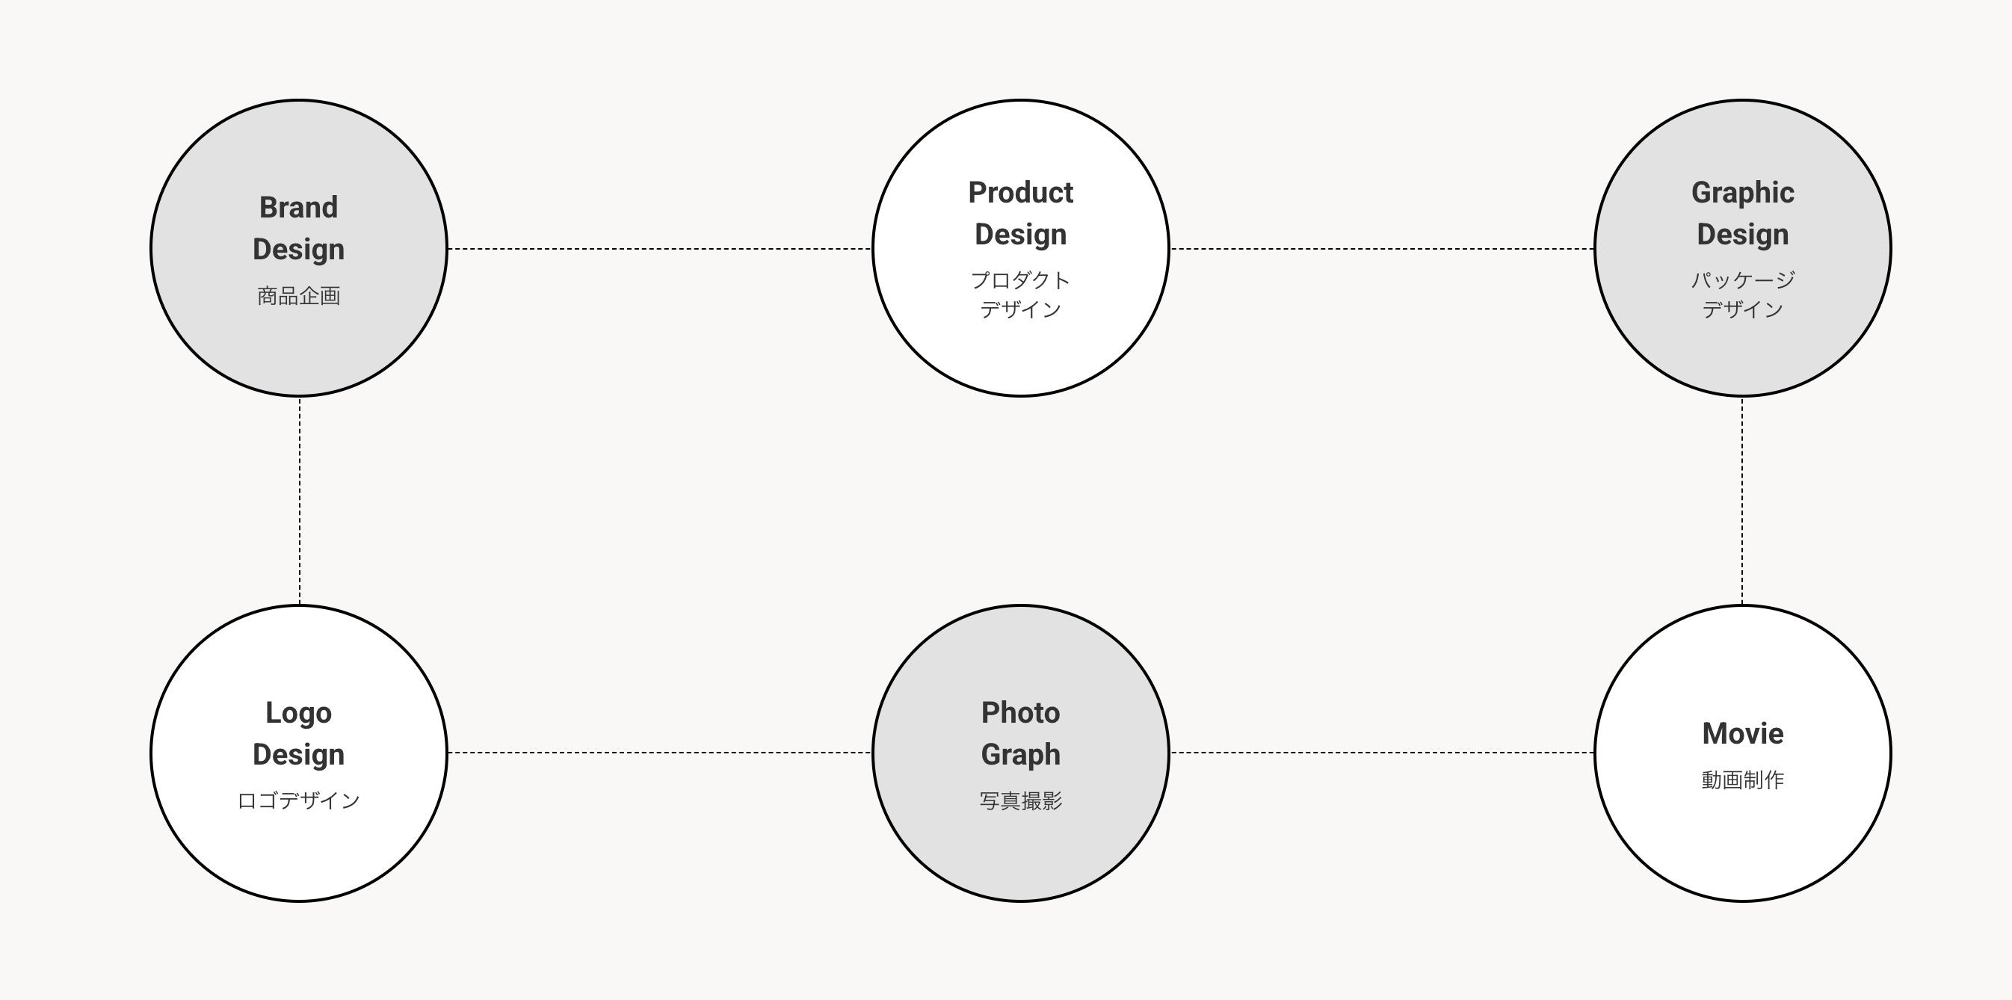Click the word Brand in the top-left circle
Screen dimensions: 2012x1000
point(298,208)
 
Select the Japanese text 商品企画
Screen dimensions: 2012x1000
point(298,296)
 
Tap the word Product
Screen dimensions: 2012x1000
point(1020,193)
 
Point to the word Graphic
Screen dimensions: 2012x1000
point(1741,193)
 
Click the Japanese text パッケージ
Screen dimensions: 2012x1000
point(1741,280)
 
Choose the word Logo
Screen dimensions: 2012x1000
point(298,713)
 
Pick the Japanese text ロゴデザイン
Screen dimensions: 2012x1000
point(298,800)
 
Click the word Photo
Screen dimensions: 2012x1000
point(1020,713)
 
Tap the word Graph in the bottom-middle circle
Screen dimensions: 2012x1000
point(1020,755)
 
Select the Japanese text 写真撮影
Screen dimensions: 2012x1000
point(1020,800)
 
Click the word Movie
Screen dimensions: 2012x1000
point(1741,734)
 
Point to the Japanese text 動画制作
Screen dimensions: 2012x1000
point(1741,780)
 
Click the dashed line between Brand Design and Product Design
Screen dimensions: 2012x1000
point(659,249)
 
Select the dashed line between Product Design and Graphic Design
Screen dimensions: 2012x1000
point(1381,249)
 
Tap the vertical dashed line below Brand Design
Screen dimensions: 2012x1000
point(300,500)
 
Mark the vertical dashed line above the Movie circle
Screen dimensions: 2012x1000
point(1741,500)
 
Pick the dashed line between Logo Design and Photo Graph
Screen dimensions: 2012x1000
point(659,753)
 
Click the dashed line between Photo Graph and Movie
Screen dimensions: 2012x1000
point(1381,753)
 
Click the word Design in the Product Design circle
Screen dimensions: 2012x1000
point(1020,235)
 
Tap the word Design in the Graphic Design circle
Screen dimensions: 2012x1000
point(1741,235)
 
